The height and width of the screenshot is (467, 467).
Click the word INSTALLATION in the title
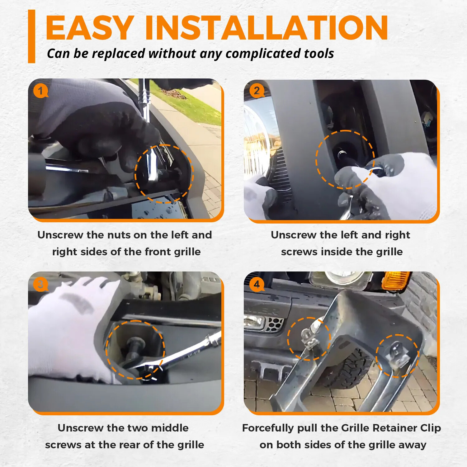point(267,28)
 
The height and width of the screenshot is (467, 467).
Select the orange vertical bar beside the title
point(31,36)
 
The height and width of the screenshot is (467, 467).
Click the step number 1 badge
point(40,91)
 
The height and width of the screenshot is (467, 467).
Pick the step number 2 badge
point(257,91)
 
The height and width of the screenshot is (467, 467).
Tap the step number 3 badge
point(40,285)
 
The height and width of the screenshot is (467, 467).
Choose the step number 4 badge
point(257,284)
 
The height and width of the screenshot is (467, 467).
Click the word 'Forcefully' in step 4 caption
point(268,428)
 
